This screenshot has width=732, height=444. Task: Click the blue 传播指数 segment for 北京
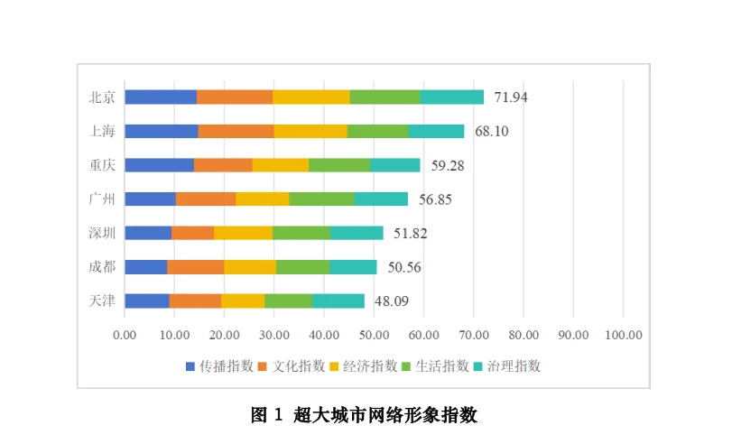pos(161,97)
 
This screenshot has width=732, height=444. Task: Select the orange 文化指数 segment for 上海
pos(236,131)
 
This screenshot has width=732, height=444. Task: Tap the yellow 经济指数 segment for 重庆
pos(280,165)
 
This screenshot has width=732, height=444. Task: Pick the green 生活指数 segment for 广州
pos(321,199)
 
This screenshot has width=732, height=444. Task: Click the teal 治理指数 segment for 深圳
pos(357,233)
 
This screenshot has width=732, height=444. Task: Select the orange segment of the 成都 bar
pos(195,267)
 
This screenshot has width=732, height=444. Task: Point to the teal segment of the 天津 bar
pos(338,301)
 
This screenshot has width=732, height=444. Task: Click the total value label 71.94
pos(511,97)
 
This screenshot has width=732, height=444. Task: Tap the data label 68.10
pos(492,131)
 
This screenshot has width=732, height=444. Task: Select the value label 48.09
pos(392,301)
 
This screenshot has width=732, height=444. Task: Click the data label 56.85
pos(436,199)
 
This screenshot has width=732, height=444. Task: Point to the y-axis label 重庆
pos(102,165)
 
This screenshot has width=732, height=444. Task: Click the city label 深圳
pos(102,233)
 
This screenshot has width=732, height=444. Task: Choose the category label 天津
pos(102,301)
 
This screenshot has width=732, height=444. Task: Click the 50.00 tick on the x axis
pos(374,334)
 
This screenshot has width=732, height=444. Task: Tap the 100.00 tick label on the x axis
pos(623,334)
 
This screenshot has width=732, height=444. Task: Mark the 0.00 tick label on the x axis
pos(125,334)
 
